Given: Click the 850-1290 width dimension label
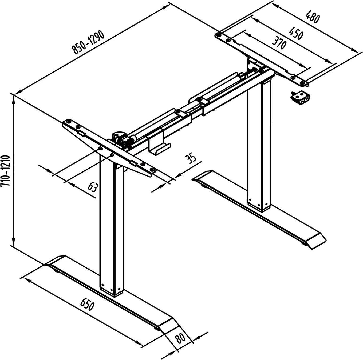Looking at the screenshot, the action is pos(88,42).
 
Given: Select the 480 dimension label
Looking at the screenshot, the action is pos(313,17).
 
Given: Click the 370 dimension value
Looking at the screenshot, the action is pos(279,43).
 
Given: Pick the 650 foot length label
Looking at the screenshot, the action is pos(87,309).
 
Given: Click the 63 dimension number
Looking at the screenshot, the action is pos(93,187).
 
